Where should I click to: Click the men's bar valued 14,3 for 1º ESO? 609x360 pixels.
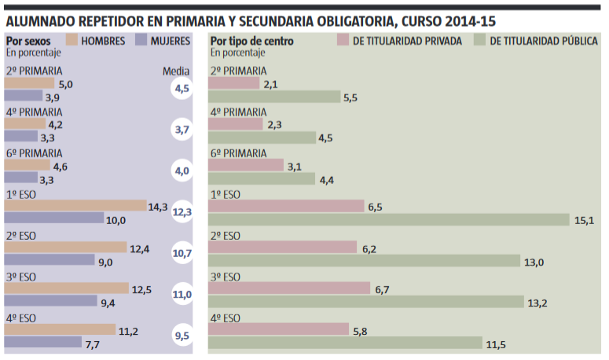point(75,206)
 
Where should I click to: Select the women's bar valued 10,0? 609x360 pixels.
point(54,219)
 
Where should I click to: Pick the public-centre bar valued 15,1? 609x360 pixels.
point(389,219)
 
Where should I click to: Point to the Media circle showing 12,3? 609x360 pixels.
point(182,212)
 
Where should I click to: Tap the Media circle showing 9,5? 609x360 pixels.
point(182,336)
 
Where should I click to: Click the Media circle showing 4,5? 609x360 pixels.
point(182,89)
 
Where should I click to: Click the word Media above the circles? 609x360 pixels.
point(176,71)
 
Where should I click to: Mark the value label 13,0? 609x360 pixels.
point(534,262)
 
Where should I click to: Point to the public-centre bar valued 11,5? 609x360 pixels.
point(346,343)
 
